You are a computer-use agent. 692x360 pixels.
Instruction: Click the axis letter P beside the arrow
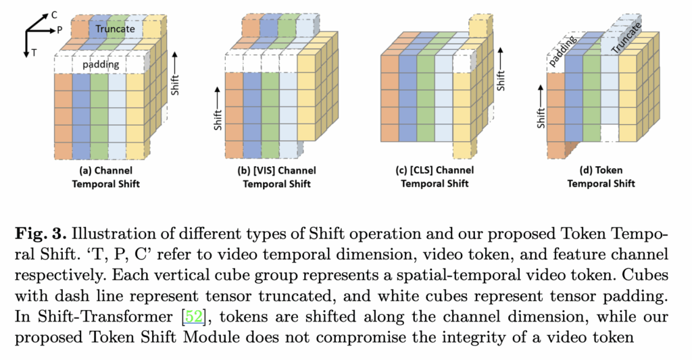pyautogui.click(x=60, y=30)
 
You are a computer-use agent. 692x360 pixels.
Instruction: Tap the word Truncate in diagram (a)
pyautogui.click(x=115, y=29)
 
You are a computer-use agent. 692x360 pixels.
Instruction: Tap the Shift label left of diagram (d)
pyautogui.click(x=541, y=113)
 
